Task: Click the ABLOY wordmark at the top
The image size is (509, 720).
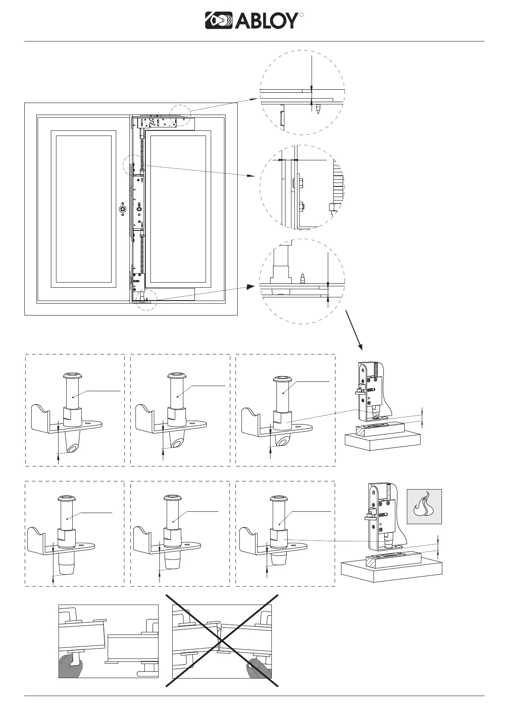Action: click(265, 21)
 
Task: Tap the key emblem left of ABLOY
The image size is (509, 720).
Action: click(218, 21)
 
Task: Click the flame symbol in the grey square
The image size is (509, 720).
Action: click(424, 506)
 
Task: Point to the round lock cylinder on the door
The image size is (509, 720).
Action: click(123, 209)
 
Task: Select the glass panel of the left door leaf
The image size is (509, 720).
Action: click(84, 209)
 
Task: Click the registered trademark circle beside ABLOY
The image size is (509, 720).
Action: click(301, 15)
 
